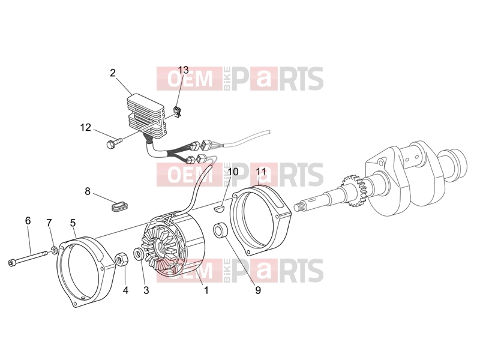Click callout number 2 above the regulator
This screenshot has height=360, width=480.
[113, 73]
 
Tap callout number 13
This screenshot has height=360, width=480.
[184, 70]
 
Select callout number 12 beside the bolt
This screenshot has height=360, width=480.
[86, 127]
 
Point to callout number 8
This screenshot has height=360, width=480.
[88, 191]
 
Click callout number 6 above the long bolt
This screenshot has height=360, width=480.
[28, 220]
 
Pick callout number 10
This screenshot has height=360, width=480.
[233, 172]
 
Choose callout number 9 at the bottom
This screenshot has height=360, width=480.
[258, 290]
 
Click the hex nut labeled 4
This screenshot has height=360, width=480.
[121, 259]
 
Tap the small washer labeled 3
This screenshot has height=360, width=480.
[139, 254]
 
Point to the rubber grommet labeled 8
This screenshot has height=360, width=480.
[119, 206]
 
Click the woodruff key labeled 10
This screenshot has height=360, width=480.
[218, 209]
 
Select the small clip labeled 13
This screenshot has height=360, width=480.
[178, 111]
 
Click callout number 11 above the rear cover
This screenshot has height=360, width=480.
[261, 172]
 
